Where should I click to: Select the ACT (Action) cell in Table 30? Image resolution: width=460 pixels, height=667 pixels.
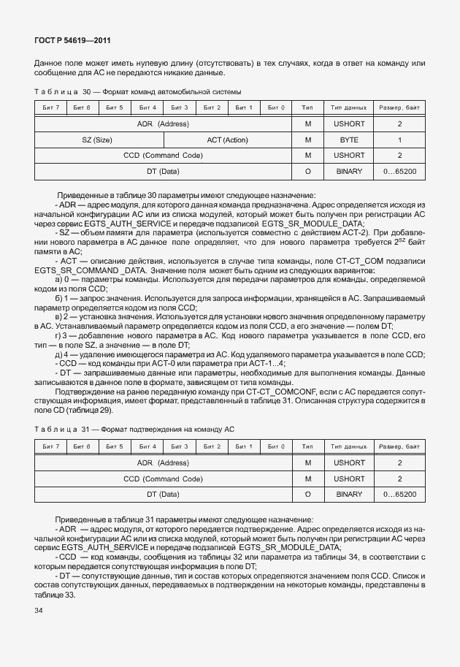point(227,140)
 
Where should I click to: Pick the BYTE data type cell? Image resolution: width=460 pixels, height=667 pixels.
point(349,140)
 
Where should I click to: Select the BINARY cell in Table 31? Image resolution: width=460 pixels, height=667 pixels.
point(349,495)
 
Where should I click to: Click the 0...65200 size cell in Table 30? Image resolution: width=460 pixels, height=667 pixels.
point(399,172)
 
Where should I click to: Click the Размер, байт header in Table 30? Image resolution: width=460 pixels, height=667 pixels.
point(399,108)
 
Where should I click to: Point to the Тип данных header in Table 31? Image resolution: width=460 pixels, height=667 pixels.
point(349,446)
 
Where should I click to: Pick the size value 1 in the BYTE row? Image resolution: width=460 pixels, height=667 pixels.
point(399,140)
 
